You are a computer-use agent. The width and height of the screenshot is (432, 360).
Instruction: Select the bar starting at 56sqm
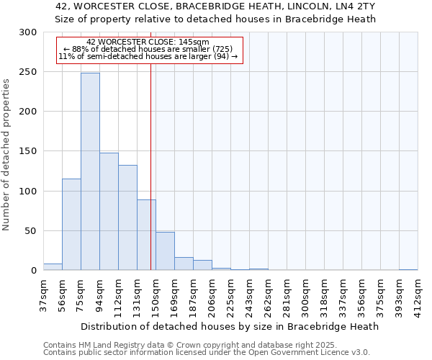(71, 225)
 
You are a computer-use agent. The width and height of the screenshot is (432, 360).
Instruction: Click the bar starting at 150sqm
(165, 251)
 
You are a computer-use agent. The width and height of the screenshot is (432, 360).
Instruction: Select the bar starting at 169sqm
(184, 264)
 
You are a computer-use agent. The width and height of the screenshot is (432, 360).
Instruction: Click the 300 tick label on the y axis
(28, 32)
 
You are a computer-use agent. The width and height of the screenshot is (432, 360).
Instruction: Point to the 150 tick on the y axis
(28, 151)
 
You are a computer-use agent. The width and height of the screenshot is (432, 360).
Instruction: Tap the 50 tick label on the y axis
(31, 231)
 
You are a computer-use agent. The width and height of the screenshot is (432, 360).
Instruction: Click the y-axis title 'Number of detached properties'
(6, 154)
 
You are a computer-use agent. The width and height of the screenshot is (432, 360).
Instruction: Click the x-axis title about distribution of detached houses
(230, 326)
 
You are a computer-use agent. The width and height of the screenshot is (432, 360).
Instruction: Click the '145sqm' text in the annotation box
(194, 42)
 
